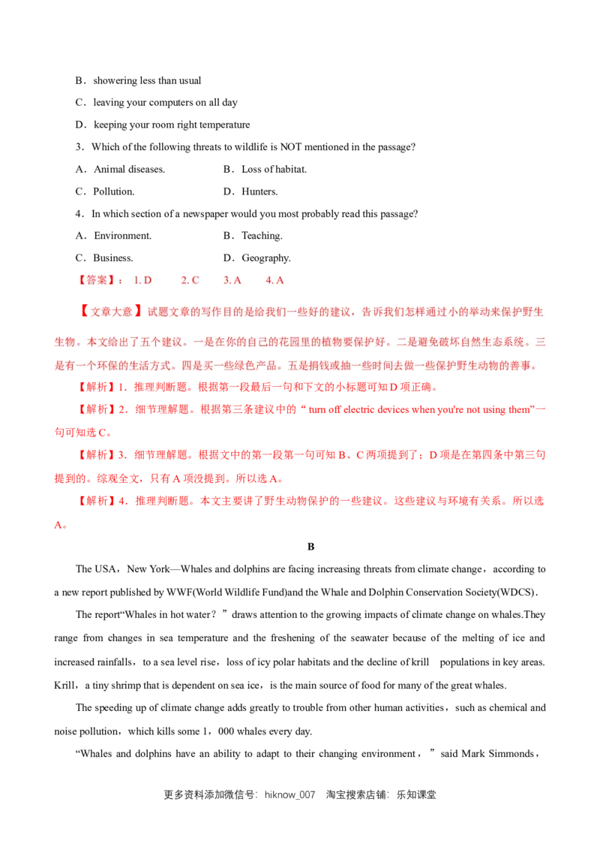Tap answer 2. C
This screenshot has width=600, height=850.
[x=190, y=280]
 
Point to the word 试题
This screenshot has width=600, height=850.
[x=159, y=311]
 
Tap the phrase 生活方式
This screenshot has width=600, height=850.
[x=154, y=366]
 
